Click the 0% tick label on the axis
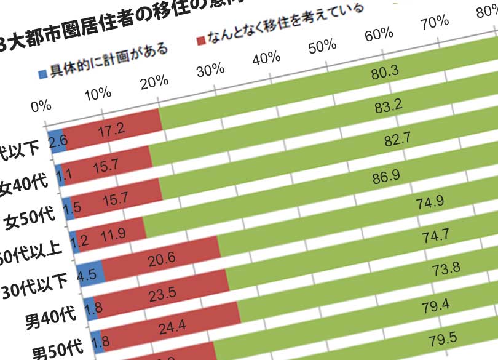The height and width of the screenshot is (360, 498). pyautogui.click(x=42, y=106)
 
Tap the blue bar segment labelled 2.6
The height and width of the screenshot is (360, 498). pyautogui.click(x=57, y=142)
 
